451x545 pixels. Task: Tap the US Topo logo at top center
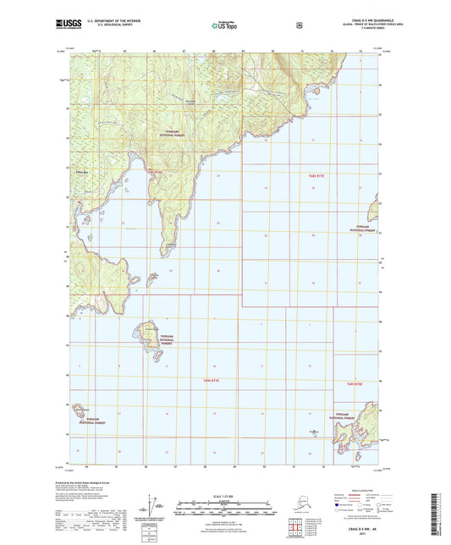point(224,26)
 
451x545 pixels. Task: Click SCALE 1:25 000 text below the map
point(224,495)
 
